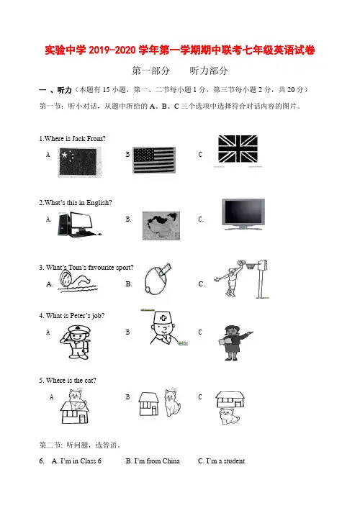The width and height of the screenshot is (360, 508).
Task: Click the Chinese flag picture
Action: coord(79,162)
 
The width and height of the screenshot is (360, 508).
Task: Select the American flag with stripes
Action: coord(154,160)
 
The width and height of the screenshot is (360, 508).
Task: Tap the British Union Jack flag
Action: coord(238,149)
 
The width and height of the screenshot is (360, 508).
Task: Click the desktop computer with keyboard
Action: coord(79,224)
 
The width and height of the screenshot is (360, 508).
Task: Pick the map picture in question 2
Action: coord(161,226)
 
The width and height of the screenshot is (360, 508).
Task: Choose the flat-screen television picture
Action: coord(243,214)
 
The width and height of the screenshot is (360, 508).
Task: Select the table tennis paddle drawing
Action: coord(157,278)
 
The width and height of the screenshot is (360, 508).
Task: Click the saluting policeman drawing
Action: coord(76,342)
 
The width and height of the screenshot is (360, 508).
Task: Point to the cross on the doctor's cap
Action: coord(163,318)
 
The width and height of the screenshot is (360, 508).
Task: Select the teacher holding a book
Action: coord(236,343)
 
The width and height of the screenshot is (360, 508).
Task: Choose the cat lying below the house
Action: coord(230,417)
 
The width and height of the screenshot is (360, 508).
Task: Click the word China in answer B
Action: coord(171,461)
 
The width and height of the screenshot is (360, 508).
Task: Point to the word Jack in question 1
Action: coord(78,139)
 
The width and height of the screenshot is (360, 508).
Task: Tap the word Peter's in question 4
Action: coord(81,316)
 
